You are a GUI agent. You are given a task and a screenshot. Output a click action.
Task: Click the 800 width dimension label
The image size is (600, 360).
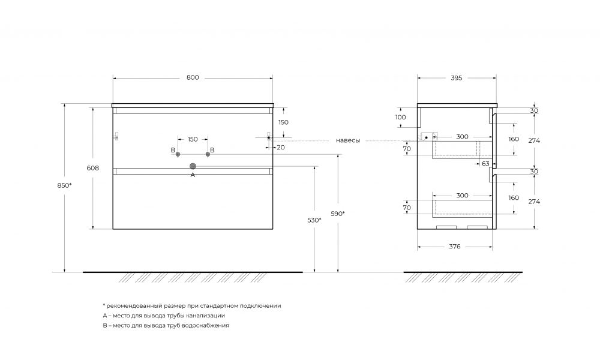click(193, 77)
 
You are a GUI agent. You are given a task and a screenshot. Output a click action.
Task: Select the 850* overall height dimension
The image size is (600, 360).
click(64, 185)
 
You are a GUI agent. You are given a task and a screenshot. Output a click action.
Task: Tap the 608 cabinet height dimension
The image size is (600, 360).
click(92, 168)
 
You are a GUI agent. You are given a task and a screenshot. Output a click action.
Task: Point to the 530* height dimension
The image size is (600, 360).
click(314, 220)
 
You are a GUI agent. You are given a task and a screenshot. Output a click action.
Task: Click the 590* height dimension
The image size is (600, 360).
click(337, 214)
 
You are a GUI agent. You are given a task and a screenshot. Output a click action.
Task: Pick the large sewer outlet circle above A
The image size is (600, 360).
click(193, 166)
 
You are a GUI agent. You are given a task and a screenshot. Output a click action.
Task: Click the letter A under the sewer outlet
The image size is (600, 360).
click(193, 175)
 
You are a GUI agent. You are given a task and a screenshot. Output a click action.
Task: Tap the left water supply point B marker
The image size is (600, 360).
click(178, 154)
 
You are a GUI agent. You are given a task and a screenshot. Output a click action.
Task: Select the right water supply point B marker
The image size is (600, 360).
click(208, 154)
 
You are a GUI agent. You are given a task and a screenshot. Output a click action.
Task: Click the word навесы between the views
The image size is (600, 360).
click(348, 141)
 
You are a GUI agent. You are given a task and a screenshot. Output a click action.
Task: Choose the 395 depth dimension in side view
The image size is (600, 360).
click(456, 78)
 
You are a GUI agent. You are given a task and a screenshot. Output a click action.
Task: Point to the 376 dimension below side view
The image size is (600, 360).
click(455, 247)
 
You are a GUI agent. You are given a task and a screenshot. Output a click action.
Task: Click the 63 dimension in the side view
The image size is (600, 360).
click(485, 164)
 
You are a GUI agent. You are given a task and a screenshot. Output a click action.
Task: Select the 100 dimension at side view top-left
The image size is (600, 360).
click(401, 118)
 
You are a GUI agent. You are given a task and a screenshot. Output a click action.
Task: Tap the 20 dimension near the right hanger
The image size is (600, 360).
click(280, 147)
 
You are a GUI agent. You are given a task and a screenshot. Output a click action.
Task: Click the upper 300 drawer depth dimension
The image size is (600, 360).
click(462, 137)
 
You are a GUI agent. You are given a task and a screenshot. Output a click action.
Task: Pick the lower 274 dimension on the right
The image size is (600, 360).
click(534, 202)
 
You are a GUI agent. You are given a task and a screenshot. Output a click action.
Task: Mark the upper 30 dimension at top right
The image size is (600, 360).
click(534, 110)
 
